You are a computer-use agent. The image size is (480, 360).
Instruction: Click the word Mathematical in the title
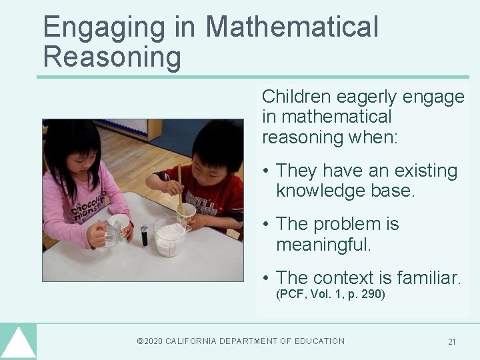pyautogui.click(x=291, y=27)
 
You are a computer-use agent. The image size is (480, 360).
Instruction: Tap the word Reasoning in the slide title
pyautogui.click(x=112, y=57)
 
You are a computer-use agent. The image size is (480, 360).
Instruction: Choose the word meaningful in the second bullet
pyautogui.click(x=323, y=244)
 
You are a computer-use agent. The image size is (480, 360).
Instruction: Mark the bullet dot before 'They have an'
pyautogui.click(x=266, y=171)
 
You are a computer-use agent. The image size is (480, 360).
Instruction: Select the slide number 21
pyautogui.click(x=452, y=342)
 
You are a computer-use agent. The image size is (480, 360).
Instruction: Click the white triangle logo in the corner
pyautogui.click(x=18, y=343)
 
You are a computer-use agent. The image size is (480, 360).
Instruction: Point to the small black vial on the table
pyautogui.click(x=144, y=235)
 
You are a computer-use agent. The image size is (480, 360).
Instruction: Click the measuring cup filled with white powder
pyautogui.click(x=170, y=239)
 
